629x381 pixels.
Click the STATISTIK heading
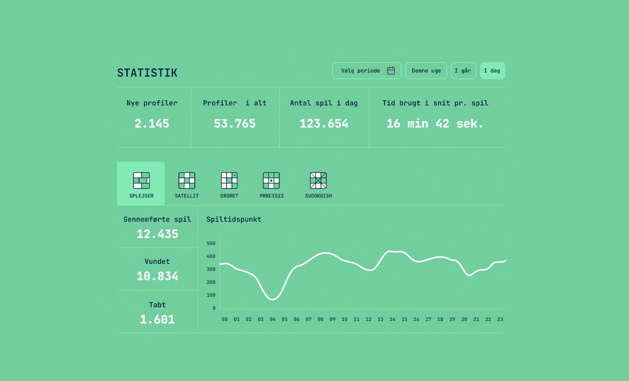click(x=147, y=73)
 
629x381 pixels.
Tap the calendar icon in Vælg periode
click(x=391, y=70)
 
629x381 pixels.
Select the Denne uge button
click(x=426, y=71)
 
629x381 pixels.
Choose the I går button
click(x=463, y=71)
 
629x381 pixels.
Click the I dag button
click(x=493, y=71)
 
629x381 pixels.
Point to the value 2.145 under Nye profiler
click(x=151, y=124)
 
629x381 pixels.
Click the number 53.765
click(x=235, y=124)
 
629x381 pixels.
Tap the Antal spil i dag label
click(x=324, y=103)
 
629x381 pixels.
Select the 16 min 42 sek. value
click(x=435, y=124)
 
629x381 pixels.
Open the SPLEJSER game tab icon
click(x=141, y=180)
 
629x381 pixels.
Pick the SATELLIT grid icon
click(x=187, y=180)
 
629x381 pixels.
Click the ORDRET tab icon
click(x=229, y=180)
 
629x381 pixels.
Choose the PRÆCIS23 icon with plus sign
click(x=271, y=180)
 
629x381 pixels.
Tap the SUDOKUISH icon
click(x=318, y=180)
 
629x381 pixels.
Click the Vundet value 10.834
click(x=157, y=276)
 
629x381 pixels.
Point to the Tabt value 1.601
click(x=157, y=319)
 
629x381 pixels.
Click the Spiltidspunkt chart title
click(x=234, y=220)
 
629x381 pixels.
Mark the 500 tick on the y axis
click(x=211, y=243)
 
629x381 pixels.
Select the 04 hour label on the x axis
click(x=272, y=319)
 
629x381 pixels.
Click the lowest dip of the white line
click(x=272, y=299)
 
